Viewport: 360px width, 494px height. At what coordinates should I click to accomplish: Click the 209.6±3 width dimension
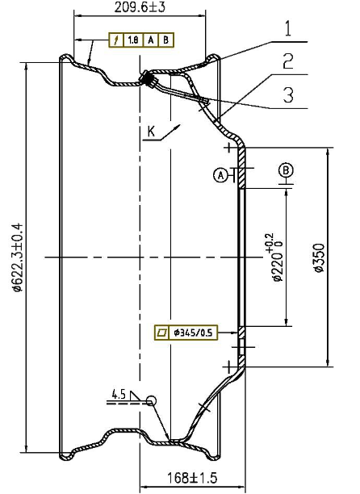coord(140,7)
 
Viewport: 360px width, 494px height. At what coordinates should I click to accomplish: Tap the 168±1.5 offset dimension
coord(192,478)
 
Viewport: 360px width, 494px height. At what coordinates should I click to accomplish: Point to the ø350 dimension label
coord(319,257)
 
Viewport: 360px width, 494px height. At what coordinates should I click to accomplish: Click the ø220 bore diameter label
coord(274,257)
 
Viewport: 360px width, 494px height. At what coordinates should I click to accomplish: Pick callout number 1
coord(288,29)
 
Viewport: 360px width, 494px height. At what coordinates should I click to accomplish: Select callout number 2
coord(288,61)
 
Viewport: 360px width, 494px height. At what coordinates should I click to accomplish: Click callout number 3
coord(288,94)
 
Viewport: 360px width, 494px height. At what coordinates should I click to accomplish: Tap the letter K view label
coord(152,131)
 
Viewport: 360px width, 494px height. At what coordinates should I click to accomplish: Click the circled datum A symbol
coord(221,175)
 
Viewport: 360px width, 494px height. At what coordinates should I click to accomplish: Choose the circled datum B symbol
coord(286,170)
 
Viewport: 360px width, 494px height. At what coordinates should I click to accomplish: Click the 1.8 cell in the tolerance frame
coord(133,40)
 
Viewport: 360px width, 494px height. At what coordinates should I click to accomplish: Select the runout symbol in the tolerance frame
coord(116,40)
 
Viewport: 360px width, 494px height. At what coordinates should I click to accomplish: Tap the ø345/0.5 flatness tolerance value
coord(193,333)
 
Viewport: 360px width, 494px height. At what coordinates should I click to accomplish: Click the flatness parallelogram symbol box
coord(162,333)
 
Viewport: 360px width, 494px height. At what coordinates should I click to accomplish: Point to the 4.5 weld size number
coord(119,394)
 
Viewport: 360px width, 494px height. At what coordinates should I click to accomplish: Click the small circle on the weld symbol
coord(151,400)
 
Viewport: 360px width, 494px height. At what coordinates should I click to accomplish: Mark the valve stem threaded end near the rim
coord(148,79)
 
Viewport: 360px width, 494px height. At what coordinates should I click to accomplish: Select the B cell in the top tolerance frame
coord(166,40)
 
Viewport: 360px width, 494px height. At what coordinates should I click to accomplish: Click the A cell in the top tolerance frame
coord(151,40)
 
